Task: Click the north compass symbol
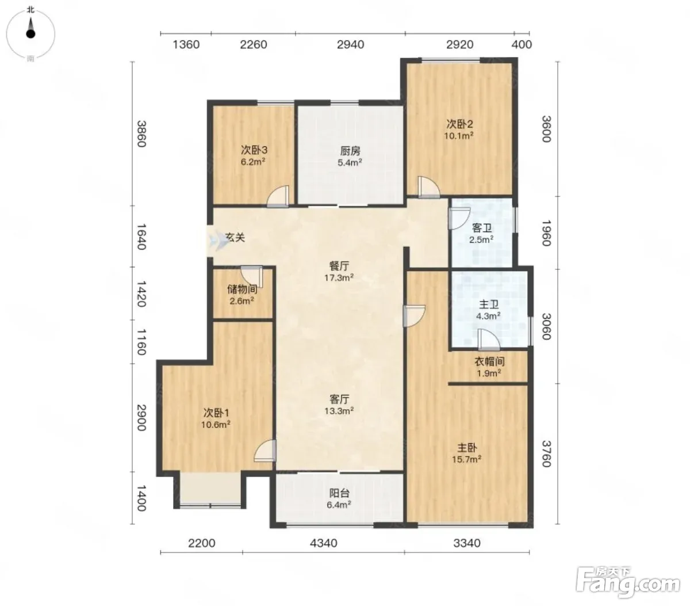[30, 33]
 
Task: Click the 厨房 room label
[350, 150]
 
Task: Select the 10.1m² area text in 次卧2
[458, 136]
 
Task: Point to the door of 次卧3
[278, 197]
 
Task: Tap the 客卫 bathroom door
[459, 218]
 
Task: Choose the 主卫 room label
[489, 304]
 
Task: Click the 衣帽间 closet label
[489, 361]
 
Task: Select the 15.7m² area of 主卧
[466, 459]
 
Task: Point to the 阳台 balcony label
[339, 493]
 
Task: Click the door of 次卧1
[265, 451]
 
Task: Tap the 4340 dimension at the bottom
[324, 543]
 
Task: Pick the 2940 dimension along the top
[350, 44]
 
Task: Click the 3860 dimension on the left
[141, 134]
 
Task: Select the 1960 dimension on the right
[546, 233]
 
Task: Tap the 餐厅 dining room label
[339, 265]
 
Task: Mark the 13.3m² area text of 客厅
[339, 411]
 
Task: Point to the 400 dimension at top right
[522, 44]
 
